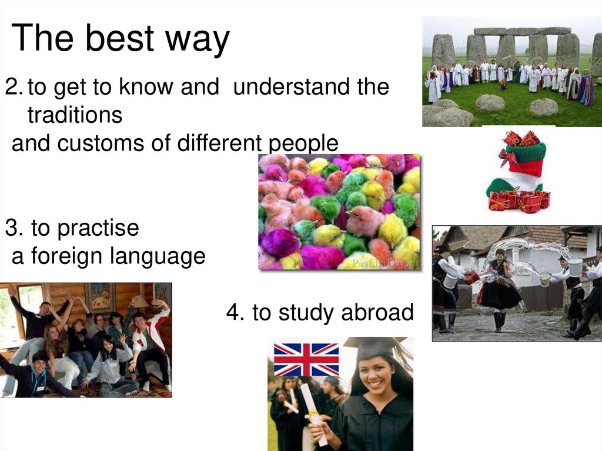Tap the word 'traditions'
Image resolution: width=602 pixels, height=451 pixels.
[75, 115]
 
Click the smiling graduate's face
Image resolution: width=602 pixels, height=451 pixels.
[376, 376]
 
